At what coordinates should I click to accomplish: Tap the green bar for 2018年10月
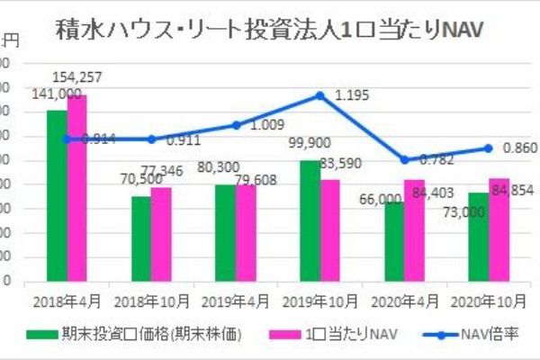click(141, 238)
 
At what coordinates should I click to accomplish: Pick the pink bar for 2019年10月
click(330, 230)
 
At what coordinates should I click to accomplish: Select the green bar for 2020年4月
click(393, 241)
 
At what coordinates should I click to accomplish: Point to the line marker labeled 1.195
click(320, 95)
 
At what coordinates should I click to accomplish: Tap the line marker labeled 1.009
click(236, 125)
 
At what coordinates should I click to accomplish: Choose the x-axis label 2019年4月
click(235, 296)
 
